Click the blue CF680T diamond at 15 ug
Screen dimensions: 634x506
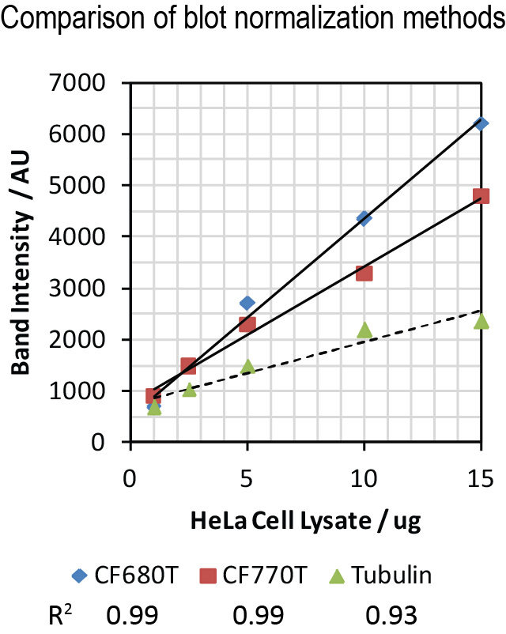click(481, 123)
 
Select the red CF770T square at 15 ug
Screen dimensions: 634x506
click(481, 195)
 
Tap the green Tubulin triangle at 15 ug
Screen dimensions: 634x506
click(481, 320)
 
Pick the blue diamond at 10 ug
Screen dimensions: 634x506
click(364, 218)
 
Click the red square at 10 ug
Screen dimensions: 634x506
click(364, 273)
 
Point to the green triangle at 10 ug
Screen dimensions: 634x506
click(364, 330)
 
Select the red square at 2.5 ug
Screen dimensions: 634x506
click(188, 365)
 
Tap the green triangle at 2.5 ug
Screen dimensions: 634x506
click(189, 389)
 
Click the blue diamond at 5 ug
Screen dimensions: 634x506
click(247, 303)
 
